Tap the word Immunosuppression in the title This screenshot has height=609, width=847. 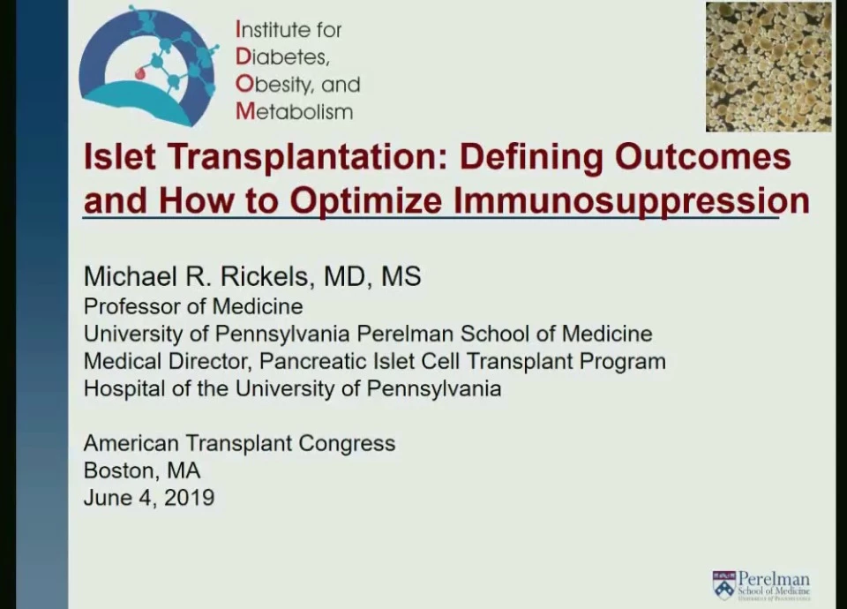[x=632, y=201]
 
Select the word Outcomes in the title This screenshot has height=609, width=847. [x=703, y=157]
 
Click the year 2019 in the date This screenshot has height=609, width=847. [x=189, y=498]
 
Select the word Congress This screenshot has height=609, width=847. [x=347, y=444]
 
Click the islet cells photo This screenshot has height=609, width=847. [x=768, y=67]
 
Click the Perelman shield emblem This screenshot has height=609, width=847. [x=724, y=585]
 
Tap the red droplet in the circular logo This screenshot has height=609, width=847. [x=140, y=72]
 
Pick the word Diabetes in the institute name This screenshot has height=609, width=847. [x=282, y=56]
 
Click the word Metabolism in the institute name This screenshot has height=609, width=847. [x=295, y=112]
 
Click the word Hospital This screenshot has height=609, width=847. [x=124, y=389]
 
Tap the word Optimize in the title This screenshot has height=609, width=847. [x=366, y=201]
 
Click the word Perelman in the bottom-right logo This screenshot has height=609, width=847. [x=774, y=579]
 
